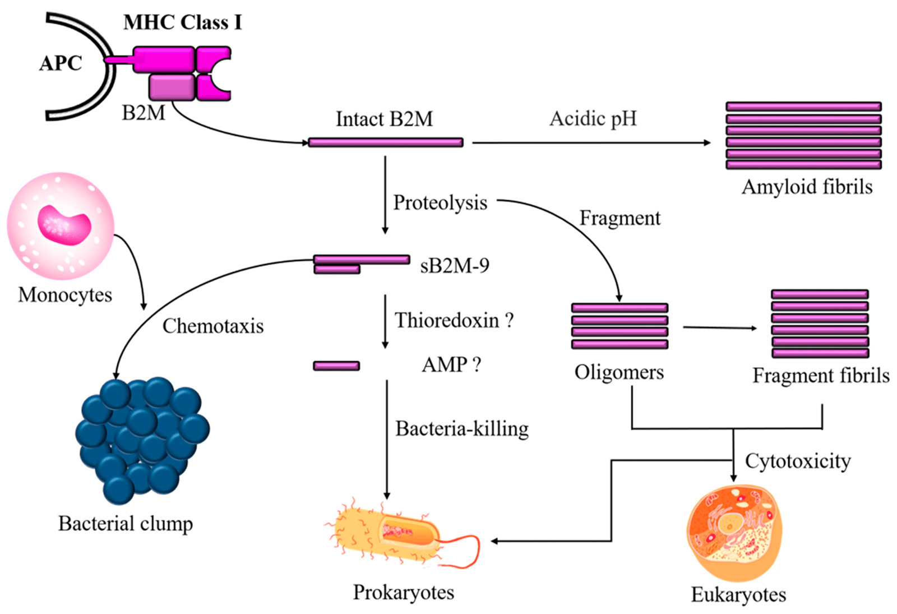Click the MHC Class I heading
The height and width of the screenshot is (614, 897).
click(182, 22)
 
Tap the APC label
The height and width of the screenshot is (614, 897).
click(61, 63)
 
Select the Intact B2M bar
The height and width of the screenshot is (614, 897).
click(386, 142)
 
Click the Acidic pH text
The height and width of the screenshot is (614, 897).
click(593, 119)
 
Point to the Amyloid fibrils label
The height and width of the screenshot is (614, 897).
click(807, 187)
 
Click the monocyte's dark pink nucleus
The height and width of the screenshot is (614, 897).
click(63, 225)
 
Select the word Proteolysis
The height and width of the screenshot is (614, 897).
click(440, 202)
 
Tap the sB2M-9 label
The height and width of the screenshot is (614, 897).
click(455, 265)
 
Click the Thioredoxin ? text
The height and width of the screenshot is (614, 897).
click(454, 320)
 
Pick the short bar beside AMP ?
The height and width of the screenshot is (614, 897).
click(336, 366)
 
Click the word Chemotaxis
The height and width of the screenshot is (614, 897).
click(213, 326)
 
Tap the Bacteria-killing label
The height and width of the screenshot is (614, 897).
click(462, 428)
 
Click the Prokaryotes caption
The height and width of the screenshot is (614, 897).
click(403, 592)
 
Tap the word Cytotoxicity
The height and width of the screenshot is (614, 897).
click(798, 461)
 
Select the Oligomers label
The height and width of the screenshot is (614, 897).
click(619, 372)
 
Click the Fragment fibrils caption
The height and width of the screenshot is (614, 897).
click(821, 375)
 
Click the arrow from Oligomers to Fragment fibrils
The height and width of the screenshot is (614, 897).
click(720, 327)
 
